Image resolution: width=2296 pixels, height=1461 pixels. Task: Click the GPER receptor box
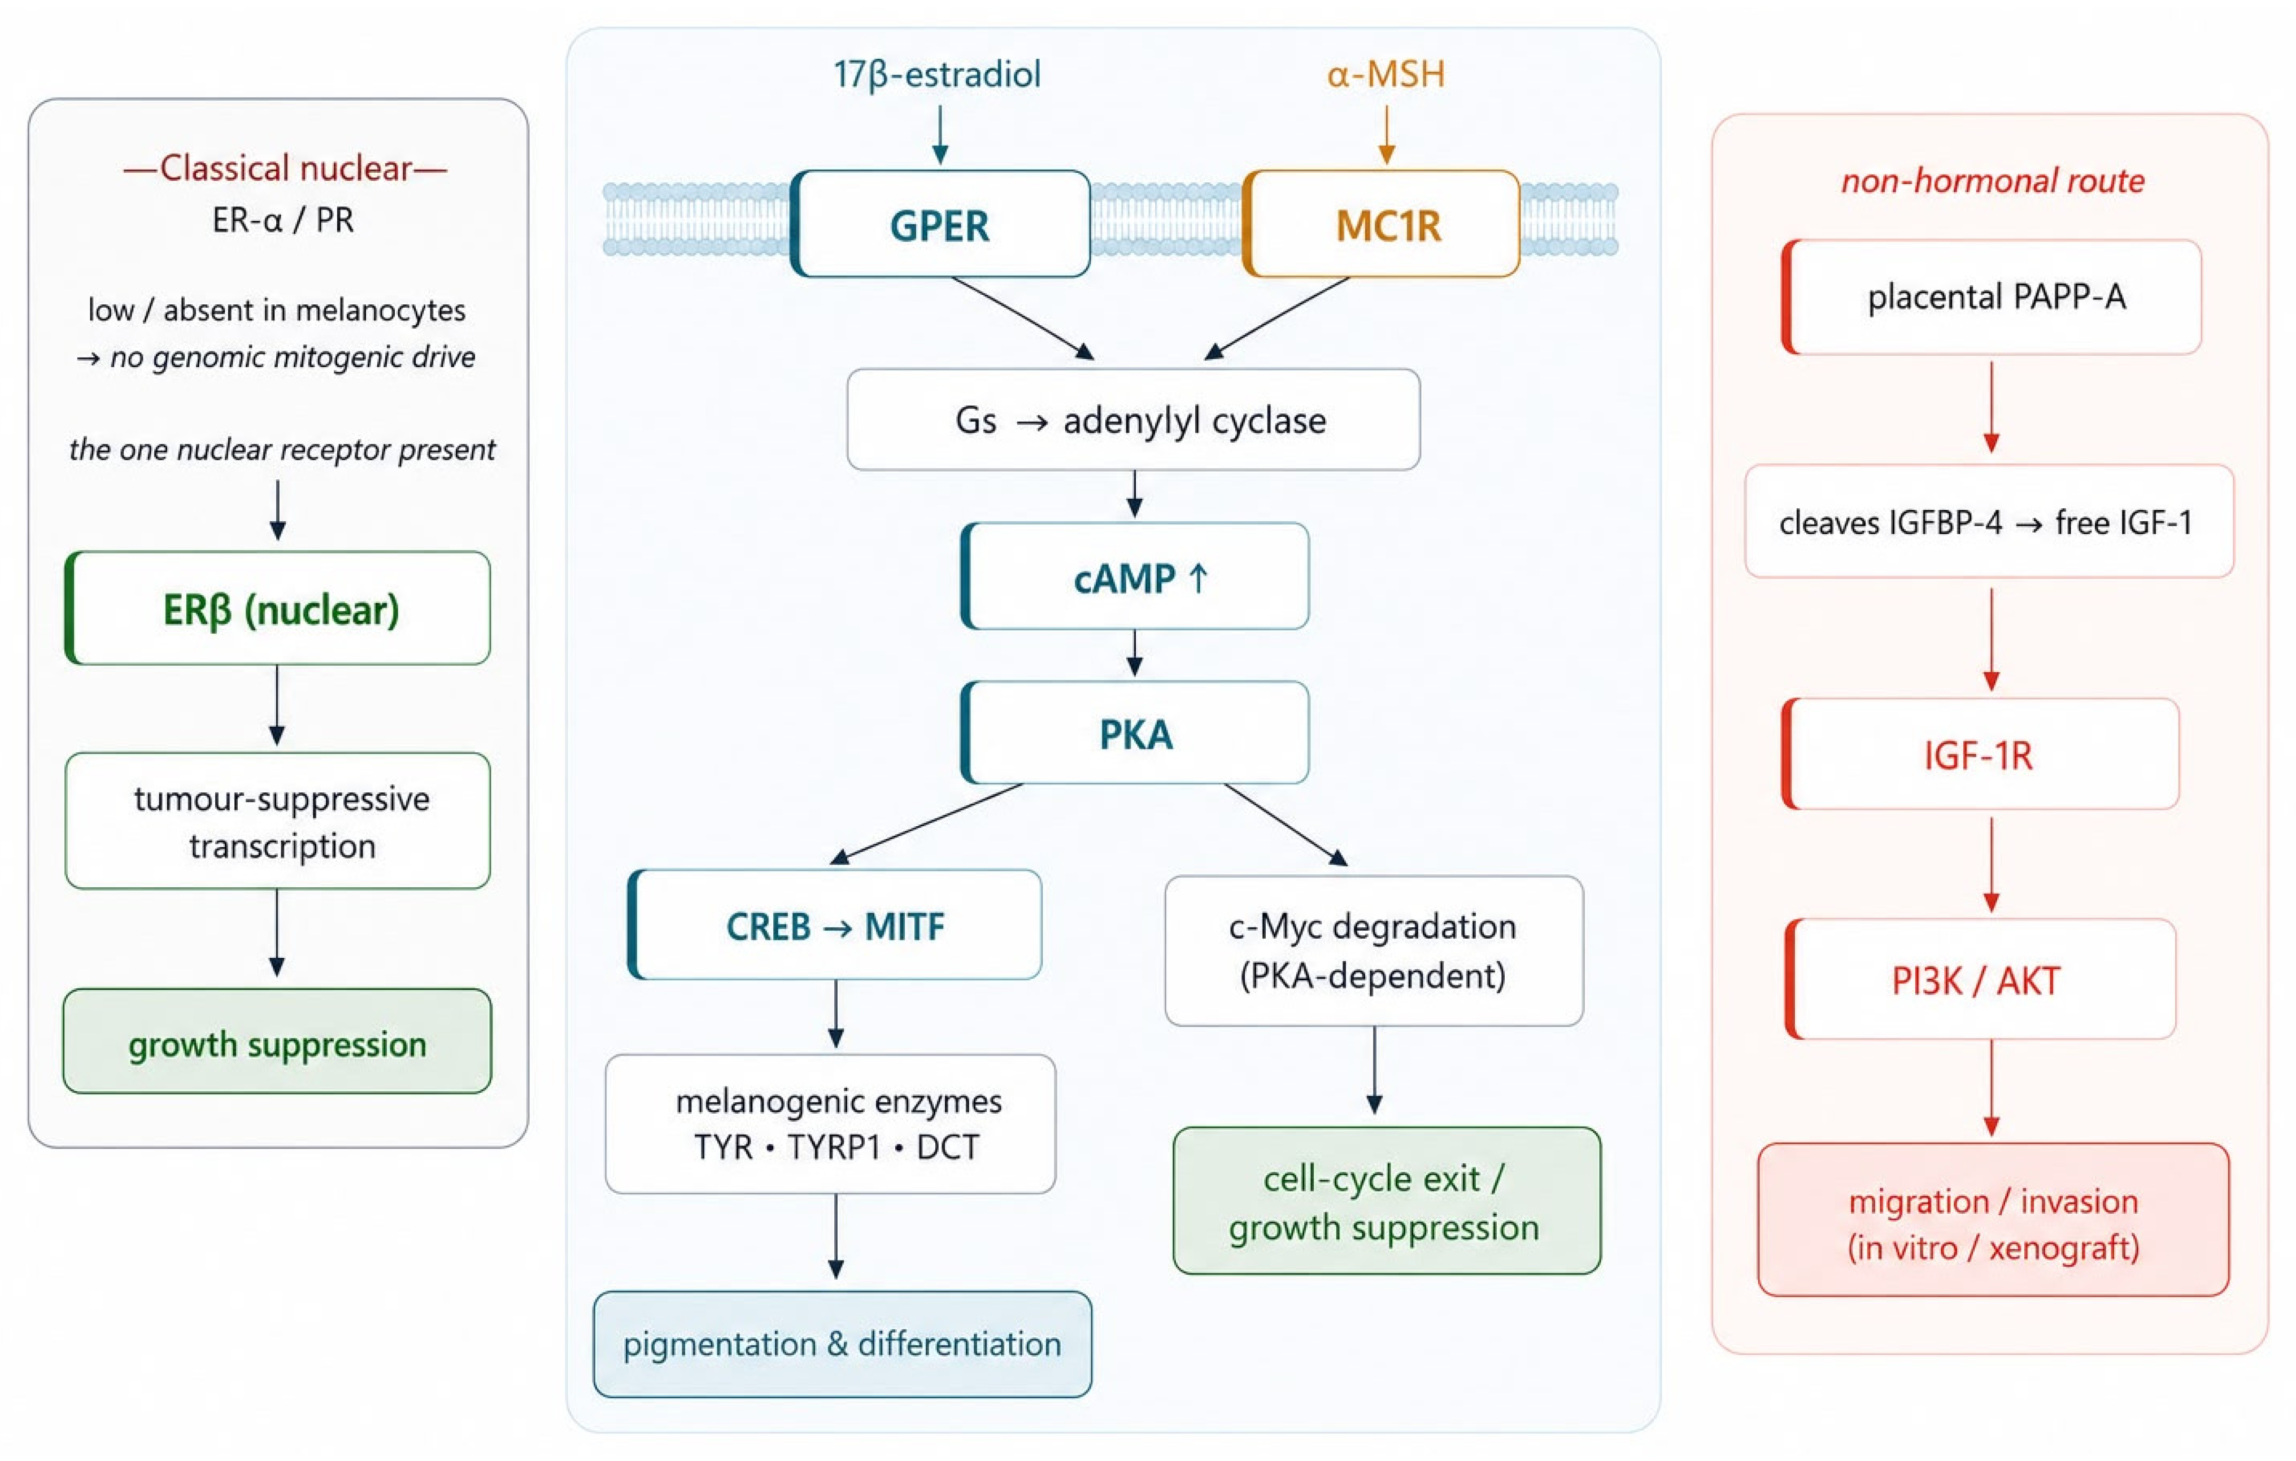tap(940, 224)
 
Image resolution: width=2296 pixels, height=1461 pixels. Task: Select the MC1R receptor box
tap(1382, 224)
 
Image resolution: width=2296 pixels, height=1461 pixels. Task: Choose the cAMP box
tap(1135, 576)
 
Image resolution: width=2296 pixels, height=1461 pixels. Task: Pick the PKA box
tap(1135, 732)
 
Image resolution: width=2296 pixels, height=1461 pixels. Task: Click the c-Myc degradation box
tap(1374, 951)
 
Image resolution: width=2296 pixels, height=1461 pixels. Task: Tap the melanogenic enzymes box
tap(830, 1123)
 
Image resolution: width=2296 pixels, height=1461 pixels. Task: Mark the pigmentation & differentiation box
tap(842, 1344)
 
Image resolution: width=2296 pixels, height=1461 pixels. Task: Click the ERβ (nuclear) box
tap(277, 608)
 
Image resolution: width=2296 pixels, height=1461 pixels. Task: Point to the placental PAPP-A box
tap(1992, 296)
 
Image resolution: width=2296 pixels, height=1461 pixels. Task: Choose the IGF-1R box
tap(1980, 753)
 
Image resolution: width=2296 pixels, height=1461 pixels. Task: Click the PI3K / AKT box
tap(1980, 979)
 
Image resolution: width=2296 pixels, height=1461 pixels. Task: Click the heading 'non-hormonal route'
tap(1993, 180)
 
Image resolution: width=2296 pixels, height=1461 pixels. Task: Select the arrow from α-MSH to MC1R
tap(1387, 134)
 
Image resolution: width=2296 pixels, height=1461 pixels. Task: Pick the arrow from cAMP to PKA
tap(1135, 653)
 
